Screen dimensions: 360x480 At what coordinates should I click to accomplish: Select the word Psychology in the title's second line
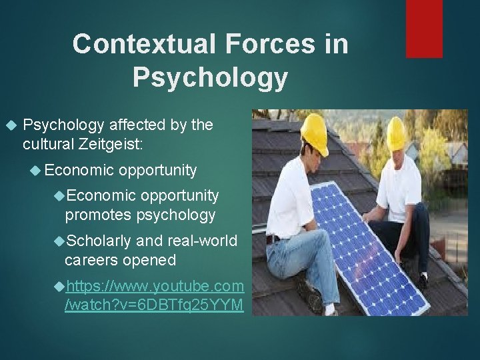210,77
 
